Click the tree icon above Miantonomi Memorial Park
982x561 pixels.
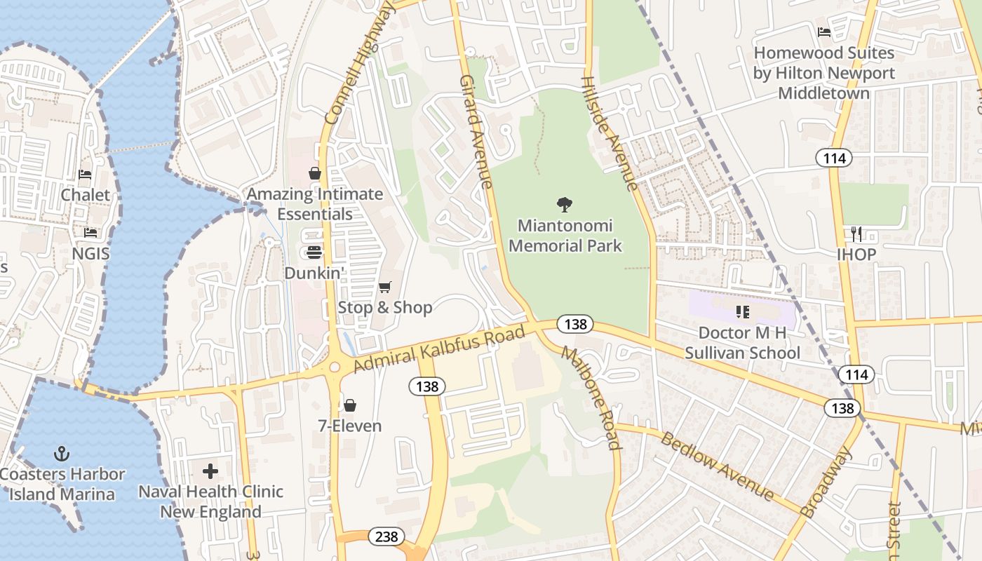565,205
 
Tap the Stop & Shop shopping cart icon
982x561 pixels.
384,288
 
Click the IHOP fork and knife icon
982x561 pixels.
856,234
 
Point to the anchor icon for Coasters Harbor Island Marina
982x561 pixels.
62,454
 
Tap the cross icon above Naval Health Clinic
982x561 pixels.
210,471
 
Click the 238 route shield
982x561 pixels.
386,537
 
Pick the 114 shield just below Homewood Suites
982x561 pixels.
834,158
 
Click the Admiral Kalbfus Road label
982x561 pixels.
439,349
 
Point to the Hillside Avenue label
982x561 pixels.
609,133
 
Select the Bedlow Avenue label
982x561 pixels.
718,466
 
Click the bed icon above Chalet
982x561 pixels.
85,175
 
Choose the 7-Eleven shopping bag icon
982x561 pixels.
349,405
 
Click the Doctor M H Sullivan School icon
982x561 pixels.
743,311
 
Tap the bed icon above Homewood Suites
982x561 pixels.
824,32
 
